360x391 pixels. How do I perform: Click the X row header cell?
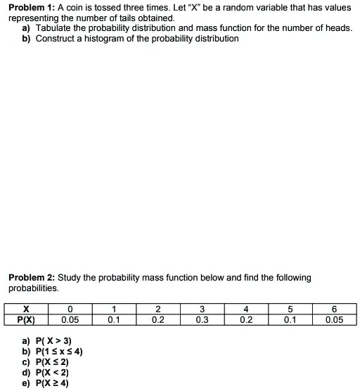tap(26, 308)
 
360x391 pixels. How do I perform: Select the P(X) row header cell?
tap(26, 319)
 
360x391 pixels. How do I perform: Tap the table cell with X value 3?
tap(202, 308)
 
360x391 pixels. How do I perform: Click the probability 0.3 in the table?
tap(202, 319)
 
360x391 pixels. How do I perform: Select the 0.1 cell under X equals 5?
tap(290, 319)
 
